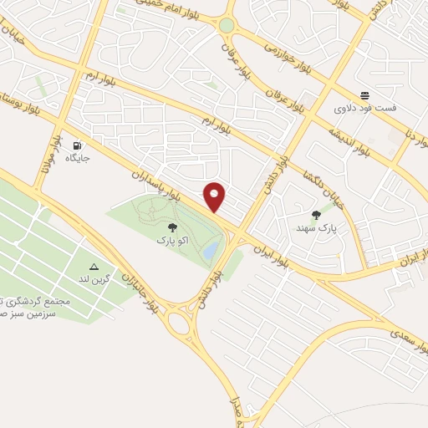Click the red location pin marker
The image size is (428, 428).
(215, 196)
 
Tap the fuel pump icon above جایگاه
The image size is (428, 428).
(79, 144)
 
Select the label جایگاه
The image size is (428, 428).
(78, 156)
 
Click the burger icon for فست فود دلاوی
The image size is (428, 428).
(365, 95)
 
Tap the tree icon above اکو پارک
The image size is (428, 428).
(172, 227)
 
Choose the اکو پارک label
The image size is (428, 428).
(172, 240)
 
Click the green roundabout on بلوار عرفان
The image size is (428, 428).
(227, 25)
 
